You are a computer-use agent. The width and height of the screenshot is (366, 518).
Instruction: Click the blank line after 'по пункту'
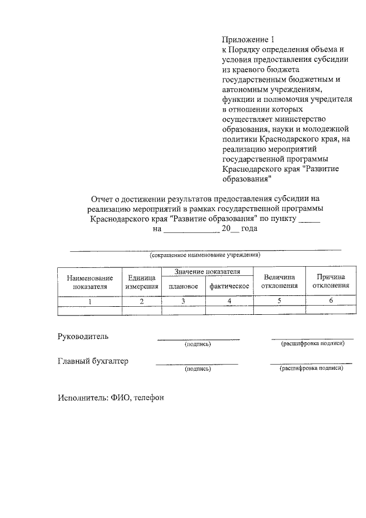pyautogui.click(x=309, y=220)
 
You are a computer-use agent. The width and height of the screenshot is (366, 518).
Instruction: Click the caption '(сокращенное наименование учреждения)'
pyautogui.click(x=205, y=254)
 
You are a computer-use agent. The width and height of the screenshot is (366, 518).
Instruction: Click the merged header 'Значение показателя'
pyautogui.click(x=207, y=271)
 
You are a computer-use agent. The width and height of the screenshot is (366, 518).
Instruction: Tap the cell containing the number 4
pyautogui.click(x=229, y=300)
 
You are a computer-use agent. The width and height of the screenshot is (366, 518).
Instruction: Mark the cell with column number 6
pyautogui.click(x=331, y=300)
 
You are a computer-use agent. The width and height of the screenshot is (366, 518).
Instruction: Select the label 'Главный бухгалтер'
pyautogui.click(x=93, y=361)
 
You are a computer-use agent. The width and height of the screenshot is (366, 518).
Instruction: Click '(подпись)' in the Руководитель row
pyautogui.click(x=198, y=345)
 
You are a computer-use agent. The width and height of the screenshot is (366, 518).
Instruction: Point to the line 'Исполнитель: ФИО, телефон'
pyautogui.click(x=111, y=398)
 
